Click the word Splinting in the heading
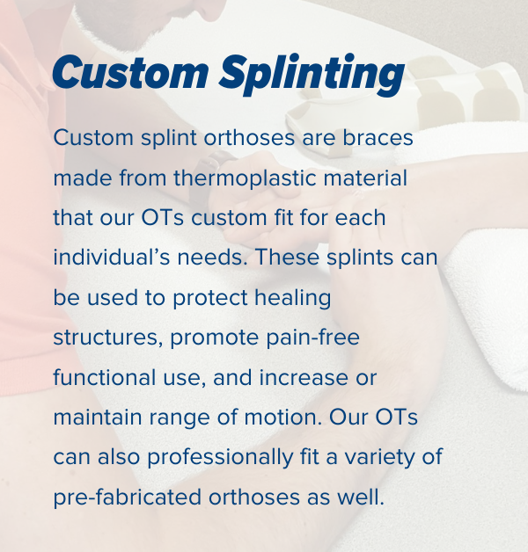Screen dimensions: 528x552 (x=312, y=74)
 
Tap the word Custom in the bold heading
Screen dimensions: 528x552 (x=129, y=72)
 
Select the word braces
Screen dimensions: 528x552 (x=378, y=137)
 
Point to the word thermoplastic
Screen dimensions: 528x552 (x=245, y=178)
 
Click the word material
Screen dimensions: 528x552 (x=365, y=178)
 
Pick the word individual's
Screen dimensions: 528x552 (x=111, y=257)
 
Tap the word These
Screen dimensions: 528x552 (x=287, y=257)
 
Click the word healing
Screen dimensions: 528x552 (x=293, y=298)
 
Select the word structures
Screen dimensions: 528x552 (x=107, y=338)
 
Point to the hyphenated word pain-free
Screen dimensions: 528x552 (x=312, y=338)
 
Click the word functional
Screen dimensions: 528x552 (x=105, y=377)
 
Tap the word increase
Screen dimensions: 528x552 (x=304, y=377)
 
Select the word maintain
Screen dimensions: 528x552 (x=98, y=418)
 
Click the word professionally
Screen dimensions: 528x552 (x=220, y=458)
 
